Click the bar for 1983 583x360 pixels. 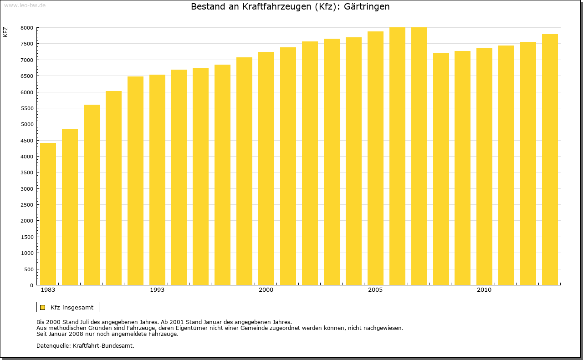coord(48,214)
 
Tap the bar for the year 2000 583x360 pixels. coord(266,168)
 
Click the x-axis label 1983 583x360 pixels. coord(48,290)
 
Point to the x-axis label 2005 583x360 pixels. coord(375,290)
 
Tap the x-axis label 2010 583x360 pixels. coord(484,290)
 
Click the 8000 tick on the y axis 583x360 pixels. coord(27,28)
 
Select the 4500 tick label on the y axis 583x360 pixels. coord(27,141)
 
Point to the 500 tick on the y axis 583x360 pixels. coord(28,269)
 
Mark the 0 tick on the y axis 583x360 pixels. coord(31,285)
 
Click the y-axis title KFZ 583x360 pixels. coord(5,32)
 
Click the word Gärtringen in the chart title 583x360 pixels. coord(367,7)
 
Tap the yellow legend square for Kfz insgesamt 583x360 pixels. coord(43,307)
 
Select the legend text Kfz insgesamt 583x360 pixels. coord(72,307)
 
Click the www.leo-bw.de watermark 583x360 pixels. coord(24,5)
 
